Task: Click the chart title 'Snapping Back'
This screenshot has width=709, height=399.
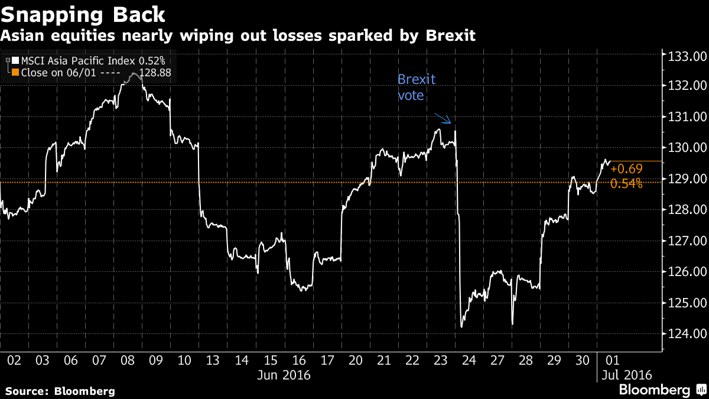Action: (83, 13)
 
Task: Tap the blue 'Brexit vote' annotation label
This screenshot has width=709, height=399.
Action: (417, 87)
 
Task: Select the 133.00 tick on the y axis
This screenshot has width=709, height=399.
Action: (686, 57)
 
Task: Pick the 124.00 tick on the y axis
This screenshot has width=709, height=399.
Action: (686, 334)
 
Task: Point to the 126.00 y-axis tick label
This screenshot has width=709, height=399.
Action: (686, 272)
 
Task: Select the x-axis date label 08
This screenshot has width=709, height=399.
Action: (127, 360)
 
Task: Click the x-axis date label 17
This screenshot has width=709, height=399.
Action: (327, 360)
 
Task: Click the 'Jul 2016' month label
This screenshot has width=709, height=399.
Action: (626, 375)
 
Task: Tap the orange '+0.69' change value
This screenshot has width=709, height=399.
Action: (626, 169)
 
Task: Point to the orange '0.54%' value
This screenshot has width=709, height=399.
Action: (626, 184)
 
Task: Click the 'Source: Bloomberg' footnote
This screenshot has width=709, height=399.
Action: (60, 391)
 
